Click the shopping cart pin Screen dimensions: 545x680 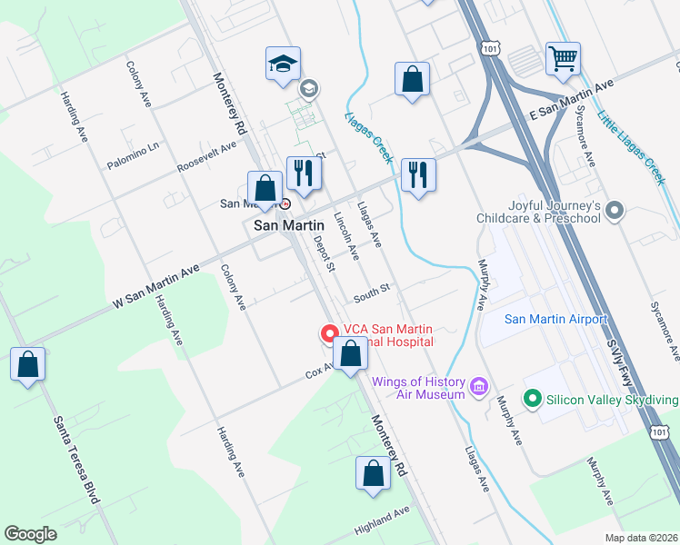coord(564,59)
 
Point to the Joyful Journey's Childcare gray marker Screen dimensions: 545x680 coord(615,212)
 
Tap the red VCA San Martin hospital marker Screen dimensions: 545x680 coord(327,334)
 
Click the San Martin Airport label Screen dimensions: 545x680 coord(555,319)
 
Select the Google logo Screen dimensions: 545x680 coord(30,534)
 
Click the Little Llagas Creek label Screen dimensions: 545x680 coord(632,147)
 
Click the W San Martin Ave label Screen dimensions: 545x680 coord(155,284)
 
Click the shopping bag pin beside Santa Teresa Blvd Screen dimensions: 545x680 coord(28,365)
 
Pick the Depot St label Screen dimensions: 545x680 coord(324,253)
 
